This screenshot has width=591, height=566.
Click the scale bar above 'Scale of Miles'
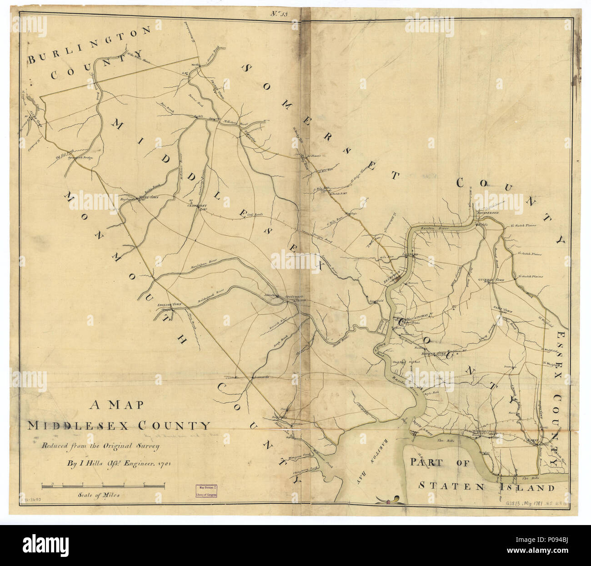(103, 487)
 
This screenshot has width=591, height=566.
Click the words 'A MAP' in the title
(116, 404)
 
